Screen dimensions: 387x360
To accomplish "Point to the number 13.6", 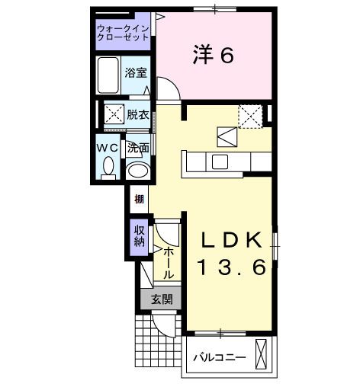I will point(232,267).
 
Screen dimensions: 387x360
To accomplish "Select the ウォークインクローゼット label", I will point(123,34).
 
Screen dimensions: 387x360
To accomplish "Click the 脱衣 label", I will point(138,115).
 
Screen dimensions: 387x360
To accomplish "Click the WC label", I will point(108,146).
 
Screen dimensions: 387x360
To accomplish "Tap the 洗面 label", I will point(138,146).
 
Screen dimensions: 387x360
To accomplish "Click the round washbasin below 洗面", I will point(138,171).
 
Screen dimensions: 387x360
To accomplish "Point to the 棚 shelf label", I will point(139,200).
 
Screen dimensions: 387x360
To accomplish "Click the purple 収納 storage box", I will point(139,237).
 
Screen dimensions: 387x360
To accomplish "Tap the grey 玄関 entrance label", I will point(160,299).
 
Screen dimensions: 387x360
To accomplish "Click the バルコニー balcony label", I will point(218,357).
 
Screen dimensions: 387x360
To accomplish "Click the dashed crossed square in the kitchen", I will point(251,116).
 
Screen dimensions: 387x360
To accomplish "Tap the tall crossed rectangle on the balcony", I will point(262,355).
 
